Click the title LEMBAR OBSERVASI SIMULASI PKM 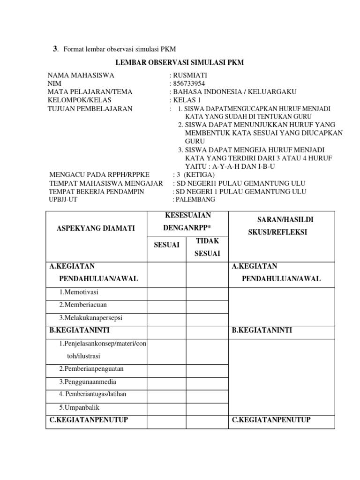click(180, 63)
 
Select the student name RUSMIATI click(191, 75)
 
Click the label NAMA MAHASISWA click(81, 75)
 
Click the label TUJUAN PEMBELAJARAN click(90, 109)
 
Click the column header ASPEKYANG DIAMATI click(96, 228)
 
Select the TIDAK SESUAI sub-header click(206, 247)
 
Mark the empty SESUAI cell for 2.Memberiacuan click(167, 305)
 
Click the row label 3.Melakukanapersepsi click(90, 317)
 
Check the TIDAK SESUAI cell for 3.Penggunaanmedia click(206, 382)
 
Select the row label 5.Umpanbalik click(79, 407)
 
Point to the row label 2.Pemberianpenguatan click(91, 369)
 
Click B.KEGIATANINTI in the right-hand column click(262, 330)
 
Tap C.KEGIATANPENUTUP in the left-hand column click(89, 420)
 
